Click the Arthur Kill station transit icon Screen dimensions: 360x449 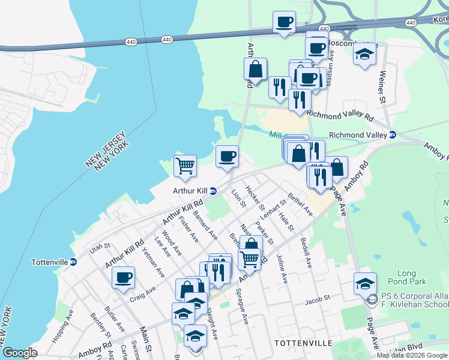point(213,191)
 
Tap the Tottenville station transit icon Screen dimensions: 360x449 point(73,262)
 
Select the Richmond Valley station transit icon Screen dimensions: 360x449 point(393,135)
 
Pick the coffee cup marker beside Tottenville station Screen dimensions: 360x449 point(123,277)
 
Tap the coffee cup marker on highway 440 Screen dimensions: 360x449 point(284,22)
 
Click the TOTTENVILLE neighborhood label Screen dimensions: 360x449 point(303,343)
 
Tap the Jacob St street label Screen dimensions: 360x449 point(318,298)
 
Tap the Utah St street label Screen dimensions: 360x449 point(100,247)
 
